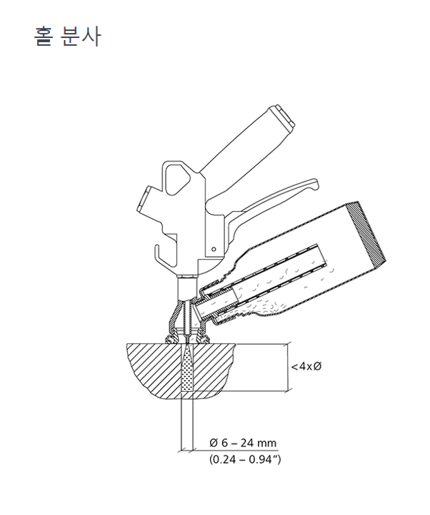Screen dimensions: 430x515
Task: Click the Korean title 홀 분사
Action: [67, 36]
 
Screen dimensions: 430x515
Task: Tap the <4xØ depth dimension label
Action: [306, 366]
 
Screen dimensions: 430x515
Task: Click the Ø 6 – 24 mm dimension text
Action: [243, 443]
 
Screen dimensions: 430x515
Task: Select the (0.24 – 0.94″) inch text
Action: [245, 459]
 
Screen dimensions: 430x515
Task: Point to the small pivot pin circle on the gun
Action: [214, 250]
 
